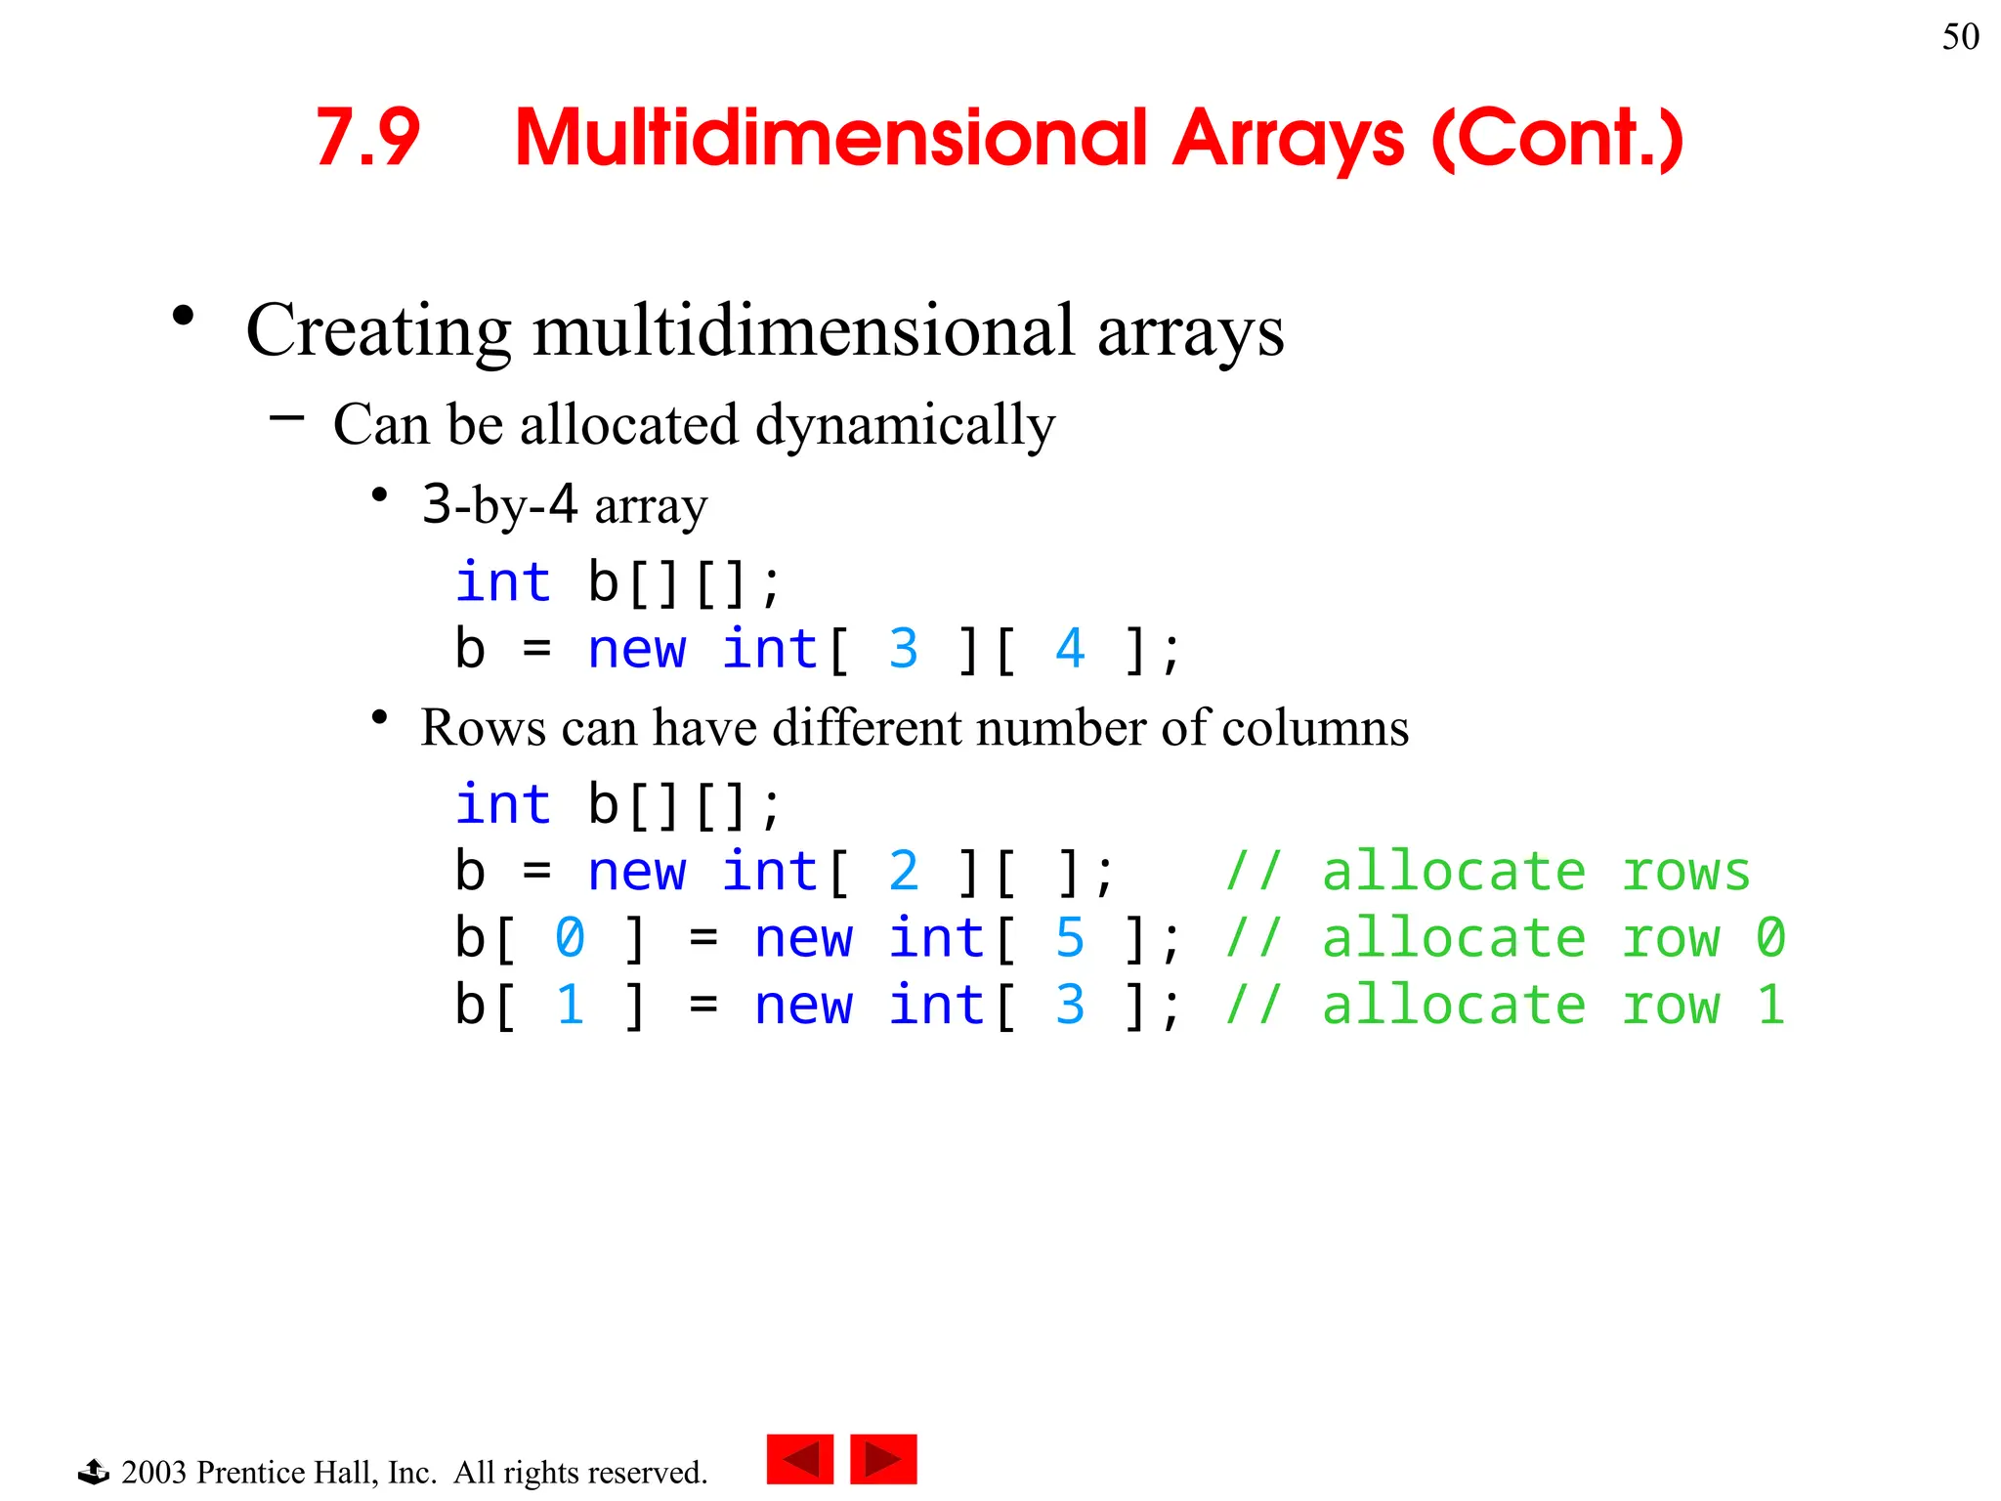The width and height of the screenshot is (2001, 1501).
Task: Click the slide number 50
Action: click(1960, 37)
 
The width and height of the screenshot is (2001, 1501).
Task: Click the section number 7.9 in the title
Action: click(367, 138)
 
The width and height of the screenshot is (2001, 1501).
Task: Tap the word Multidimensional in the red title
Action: click(830, 138)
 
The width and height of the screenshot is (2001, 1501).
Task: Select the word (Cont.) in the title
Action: click(1557, 138)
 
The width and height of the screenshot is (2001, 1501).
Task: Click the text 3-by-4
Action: click(499, 505)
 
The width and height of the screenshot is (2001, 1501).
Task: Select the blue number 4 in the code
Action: click(1070, 649)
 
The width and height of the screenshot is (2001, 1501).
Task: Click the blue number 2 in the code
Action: click(904, 872)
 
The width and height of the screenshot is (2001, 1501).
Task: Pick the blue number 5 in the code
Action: click(1070, 938)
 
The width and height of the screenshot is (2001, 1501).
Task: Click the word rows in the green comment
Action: click(1685, 872)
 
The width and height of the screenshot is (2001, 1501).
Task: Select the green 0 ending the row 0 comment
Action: click(1770, 938)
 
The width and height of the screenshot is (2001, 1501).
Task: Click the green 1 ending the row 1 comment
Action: click(1770, 1005)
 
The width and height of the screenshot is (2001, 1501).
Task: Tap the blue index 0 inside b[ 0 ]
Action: click(570, 938)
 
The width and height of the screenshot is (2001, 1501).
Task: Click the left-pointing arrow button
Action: click(800, 1460)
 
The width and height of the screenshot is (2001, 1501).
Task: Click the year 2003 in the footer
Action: click(153, 1473)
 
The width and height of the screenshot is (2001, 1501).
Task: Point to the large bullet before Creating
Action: click(183, 316)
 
